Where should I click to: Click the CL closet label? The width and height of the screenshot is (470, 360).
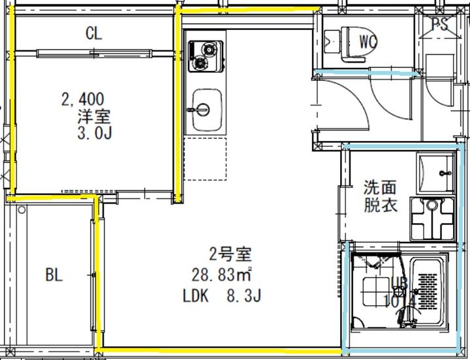tap(94, 33)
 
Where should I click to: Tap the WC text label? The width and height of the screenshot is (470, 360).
tap(368, 42)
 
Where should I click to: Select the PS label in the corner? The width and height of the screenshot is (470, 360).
tap(439, 24)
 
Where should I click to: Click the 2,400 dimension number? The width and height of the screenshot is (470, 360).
tap(82, 100)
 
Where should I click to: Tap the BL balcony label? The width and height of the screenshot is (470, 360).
tap(54, 275)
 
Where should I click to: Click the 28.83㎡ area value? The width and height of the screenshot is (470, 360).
tap(223, 274)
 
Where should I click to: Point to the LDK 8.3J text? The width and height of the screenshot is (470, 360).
tap(222, 297)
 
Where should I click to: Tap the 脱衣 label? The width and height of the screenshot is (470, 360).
tap(380, 205)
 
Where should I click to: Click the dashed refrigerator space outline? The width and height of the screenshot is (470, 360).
tap(205, 158)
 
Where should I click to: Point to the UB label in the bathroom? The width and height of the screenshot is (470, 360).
tap(399, 283)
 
